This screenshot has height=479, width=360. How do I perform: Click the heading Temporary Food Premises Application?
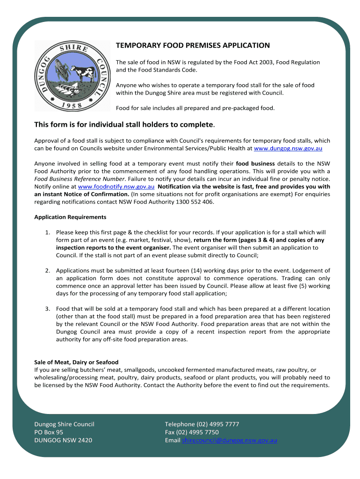[x=193, y=45]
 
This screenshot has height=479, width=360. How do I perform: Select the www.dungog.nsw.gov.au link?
[x=288, y=148]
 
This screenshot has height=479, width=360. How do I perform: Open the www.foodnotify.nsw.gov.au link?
[x=116, y=186]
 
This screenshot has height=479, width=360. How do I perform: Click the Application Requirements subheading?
[x=70, y=217]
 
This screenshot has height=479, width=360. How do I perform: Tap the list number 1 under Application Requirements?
[x=48, y=232]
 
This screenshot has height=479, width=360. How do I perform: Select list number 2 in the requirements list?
[x=48, y=271]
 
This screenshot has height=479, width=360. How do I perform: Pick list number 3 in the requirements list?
[x=48, y=309]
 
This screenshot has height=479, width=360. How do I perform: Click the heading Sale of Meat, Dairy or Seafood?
[x=76, y=362]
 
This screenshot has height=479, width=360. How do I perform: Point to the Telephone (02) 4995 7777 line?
[x=202, y=424]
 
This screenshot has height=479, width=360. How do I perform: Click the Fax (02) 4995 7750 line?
[x=192, y=432]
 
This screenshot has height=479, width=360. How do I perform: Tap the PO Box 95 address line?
[x=49, y=432]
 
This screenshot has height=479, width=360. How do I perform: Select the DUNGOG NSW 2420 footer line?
[x=63, y=440]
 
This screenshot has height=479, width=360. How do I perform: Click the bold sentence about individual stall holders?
[x=124, y=125]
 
